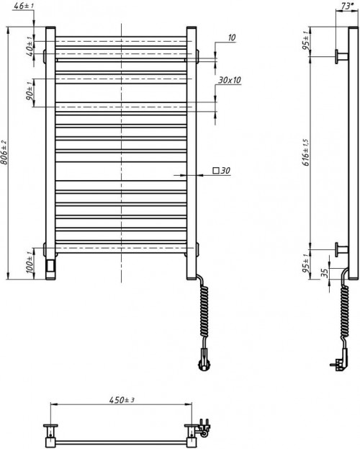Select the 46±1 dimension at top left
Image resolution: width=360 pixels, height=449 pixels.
pos(23,6)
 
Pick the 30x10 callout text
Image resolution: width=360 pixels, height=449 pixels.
pos(228,80)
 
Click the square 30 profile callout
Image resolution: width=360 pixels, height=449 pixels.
pos(220,172)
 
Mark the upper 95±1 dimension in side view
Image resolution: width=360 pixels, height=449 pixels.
pos(306,43)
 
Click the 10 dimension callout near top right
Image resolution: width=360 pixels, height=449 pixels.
pos(232,37)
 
